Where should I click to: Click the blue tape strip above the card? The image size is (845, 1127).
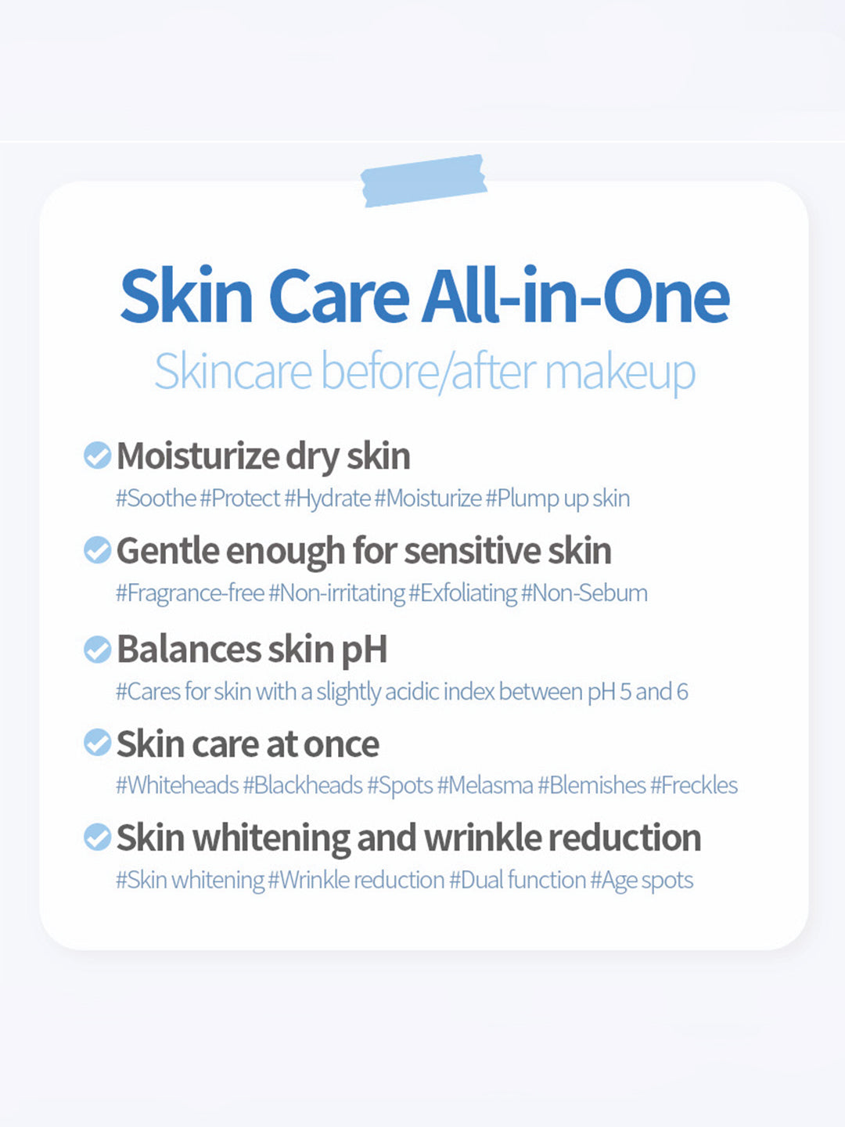coord(424,181)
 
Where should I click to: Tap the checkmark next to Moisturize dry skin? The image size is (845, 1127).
coord(98,455)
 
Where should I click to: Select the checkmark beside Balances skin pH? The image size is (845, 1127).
coord(98,649)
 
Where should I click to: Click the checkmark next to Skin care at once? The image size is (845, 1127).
coord(98,743)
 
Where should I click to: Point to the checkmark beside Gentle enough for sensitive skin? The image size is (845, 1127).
coord(98,550)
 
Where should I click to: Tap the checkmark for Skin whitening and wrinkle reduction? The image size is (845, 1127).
coord(98,837)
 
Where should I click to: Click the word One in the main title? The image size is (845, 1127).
coord(666,297)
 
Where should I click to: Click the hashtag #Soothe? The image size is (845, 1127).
coord(156,498)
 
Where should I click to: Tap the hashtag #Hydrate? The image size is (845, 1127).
coord(327,498)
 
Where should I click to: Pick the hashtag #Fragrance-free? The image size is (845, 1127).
coord(190,593)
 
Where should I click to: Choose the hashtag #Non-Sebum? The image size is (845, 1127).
coord(584,593)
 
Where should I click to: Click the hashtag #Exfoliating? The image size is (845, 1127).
coord(462,593)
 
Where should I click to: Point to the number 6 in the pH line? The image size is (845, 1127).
coord(682,692)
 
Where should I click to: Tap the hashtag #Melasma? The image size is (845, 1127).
coord(485,785)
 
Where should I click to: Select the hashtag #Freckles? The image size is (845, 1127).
coord(694,785)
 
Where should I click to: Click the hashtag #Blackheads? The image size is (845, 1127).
coord(303,785)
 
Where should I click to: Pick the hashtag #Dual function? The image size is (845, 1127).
coord(518,880)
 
